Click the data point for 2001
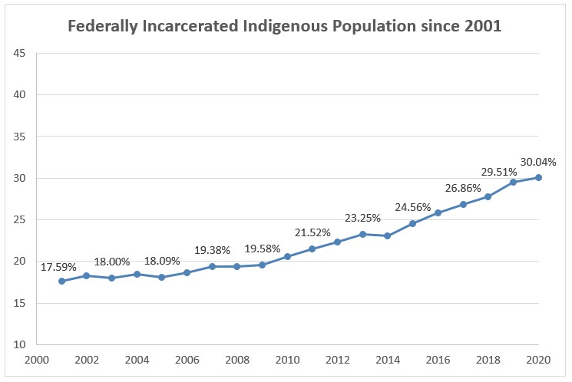coord(61,282)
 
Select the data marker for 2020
coord(538,177)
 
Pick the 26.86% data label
coord(462,188)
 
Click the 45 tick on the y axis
coord(19,54)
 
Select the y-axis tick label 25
coord(19,220)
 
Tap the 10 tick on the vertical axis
coord(19,345)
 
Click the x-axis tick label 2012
coord(337,359)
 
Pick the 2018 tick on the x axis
coord(488,359)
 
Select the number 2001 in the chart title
coord(483,27)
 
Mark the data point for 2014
coord(388,235)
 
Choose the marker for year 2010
coord(287,256)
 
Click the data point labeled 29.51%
coord(513,182)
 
